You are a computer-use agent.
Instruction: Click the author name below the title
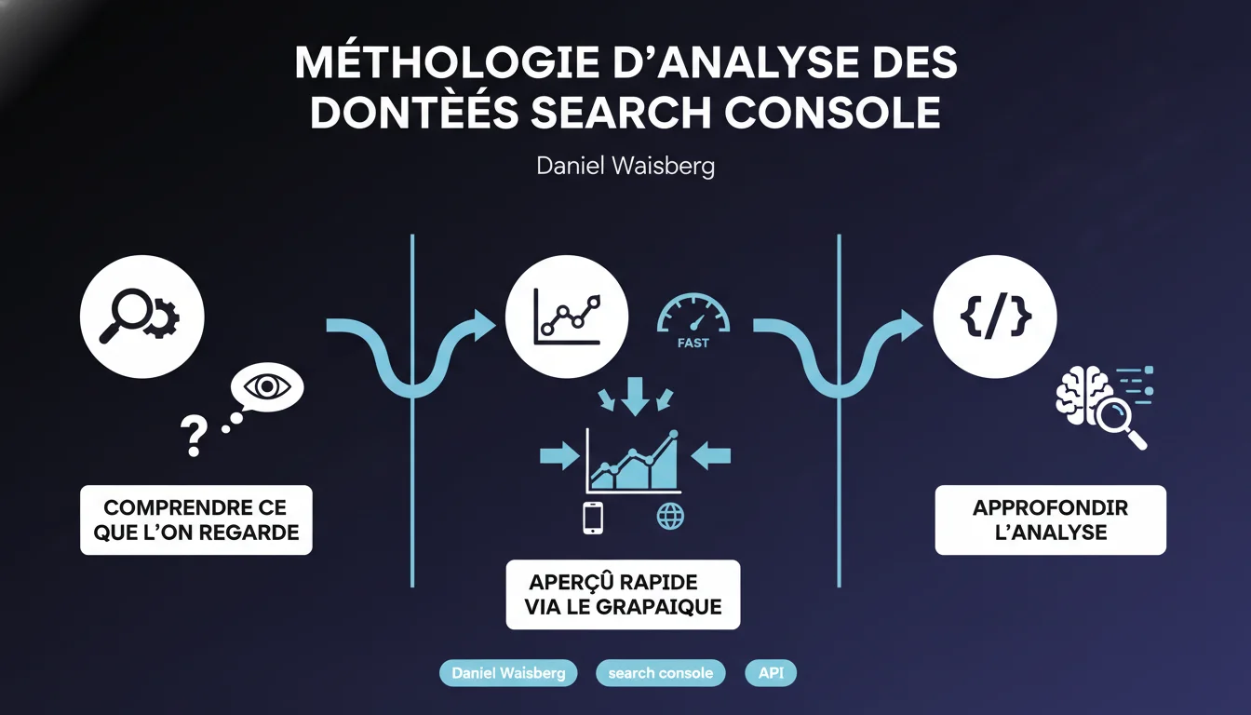point(625,167)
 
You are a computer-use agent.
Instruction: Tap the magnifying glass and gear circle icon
point(142,317)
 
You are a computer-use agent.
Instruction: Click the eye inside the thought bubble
point(267,386)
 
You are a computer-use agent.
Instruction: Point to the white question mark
point(193,435)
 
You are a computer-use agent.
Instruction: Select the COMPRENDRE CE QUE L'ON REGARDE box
point(196,520)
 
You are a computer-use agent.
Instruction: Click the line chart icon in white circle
point(566,317)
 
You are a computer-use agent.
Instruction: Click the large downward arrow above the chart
point(635,395)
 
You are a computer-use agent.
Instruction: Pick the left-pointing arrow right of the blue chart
point(711,456)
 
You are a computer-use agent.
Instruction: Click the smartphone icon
point(593,518)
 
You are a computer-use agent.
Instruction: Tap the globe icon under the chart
point(670,516)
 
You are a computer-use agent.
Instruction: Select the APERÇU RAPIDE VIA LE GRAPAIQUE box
point(623,595)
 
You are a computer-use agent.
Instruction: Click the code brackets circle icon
point(995,317)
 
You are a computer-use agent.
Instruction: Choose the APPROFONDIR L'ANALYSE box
point(1050,520)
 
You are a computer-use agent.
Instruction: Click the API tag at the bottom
point(771,672)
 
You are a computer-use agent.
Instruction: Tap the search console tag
point(660,672)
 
